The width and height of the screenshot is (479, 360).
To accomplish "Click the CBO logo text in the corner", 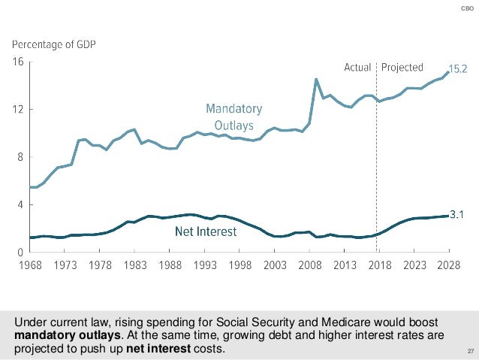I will coord(467,8).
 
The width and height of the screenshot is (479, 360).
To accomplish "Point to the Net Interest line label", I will coord(206,233).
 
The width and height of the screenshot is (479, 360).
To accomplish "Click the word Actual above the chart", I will coord(357,68).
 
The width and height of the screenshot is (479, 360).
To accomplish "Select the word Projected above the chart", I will coord(402,68).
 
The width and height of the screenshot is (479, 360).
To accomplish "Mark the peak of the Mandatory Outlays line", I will coord(316,79).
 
